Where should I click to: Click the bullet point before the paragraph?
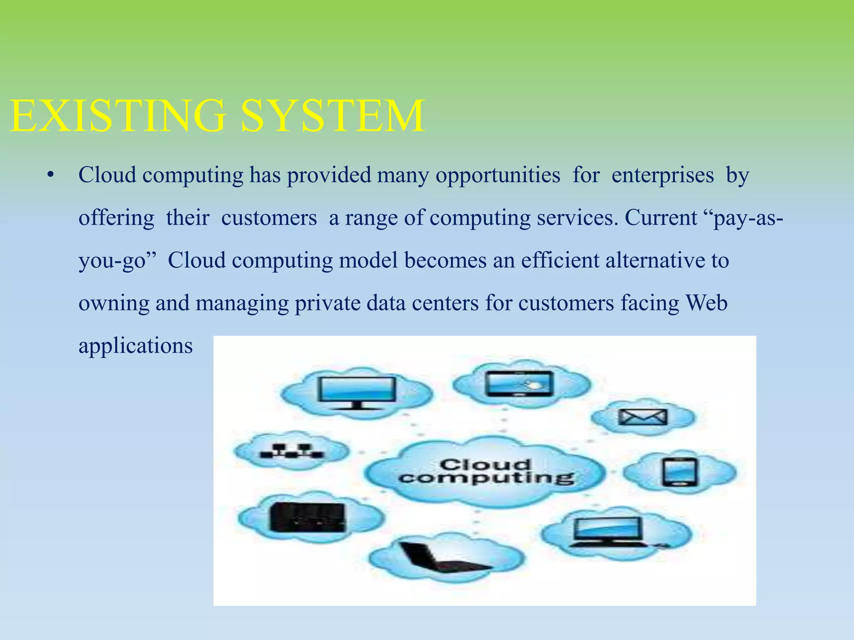point(50,175)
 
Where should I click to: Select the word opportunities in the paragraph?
point(498,175)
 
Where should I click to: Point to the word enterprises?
point(663,175)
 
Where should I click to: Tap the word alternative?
point(655,260)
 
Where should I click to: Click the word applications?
point(136,346)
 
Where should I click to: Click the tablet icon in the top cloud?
point(519,383)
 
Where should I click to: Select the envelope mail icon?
point(643,417)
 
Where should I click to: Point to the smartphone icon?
point(679,472)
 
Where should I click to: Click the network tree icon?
point(291,451)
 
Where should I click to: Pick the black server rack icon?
point(308,517)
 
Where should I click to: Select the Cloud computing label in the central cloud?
point(486,471)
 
